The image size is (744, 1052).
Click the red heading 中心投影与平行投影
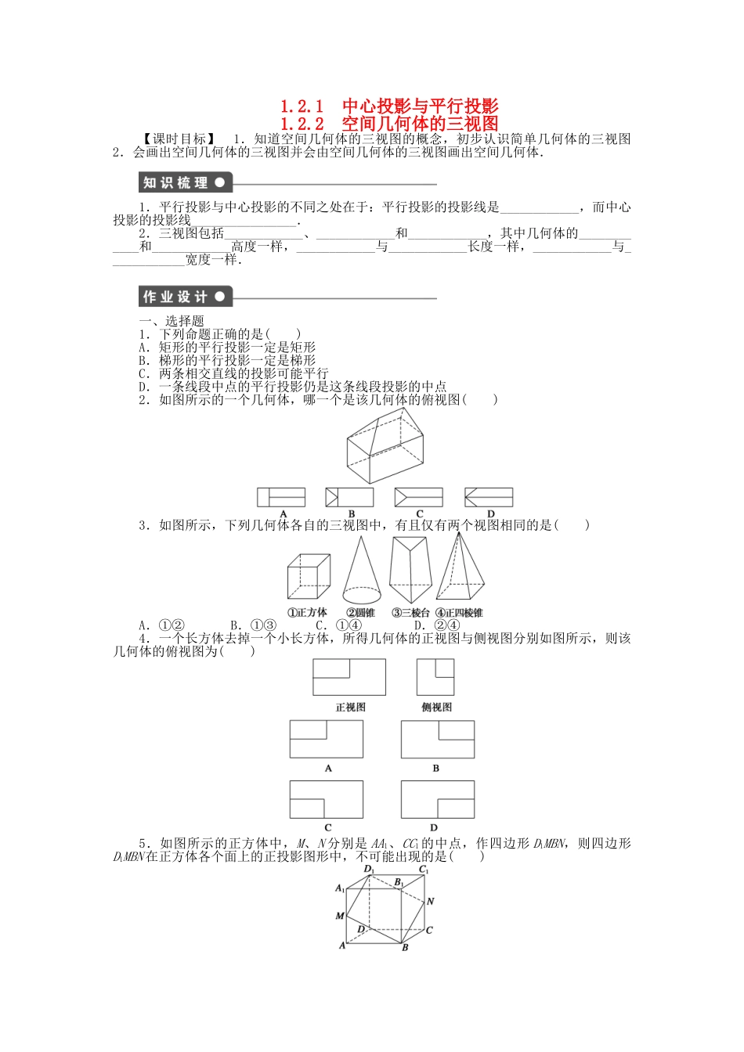(x=420, y=106)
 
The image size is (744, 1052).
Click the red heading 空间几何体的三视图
(x=420, y=124)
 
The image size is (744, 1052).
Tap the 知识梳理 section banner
(x=185, y=183)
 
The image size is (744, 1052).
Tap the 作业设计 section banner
(x=185, y=297)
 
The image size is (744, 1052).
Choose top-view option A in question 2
(x=282, y=497)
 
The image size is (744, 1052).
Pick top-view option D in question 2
(x=489, y=497)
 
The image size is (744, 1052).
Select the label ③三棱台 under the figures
(x=411, y=613)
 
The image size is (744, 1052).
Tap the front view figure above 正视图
(x=349, y=677)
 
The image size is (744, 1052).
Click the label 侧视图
(x=436, y=707)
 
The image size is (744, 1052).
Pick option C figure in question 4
(x=327, y=799)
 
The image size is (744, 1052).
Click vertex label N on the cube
(x=431, y=902)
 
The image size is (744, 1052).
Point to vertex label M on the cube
(x=340, y=916)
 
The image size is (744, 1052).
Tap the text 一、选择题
(x=172, y=321)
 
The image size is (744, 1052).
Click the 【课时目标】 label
(x=179, y=139)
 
